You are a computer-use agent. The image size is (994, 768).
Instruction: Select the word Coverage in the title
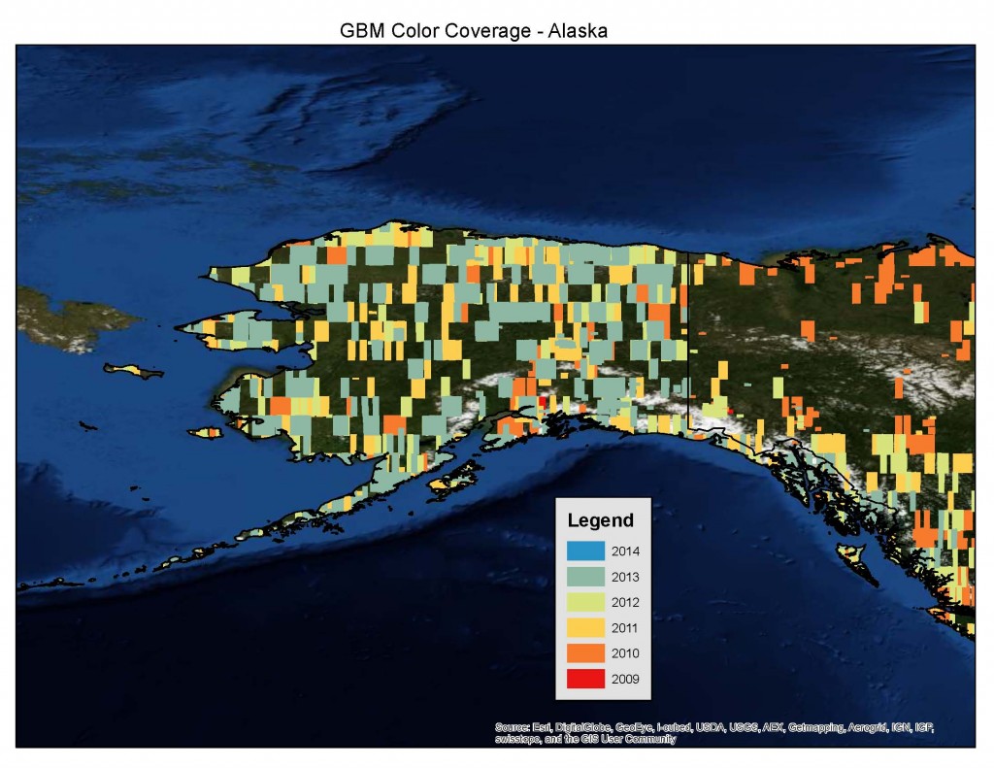(x=488, y=30)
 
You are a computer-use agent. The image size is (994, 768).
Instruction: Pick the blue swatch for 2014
(x=585, y=551)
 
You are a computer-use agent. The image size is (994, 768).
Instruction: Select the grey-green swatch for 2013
(x=585, y=577)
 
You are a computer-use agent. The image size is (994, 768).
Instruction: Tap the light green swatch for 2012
(x=585, y=602)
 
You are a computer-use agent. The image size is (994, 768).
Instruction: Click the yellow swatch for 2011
(x=585, y=627)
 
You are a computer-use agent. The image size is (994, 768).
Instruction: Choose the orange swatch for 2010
(x=585, y=652)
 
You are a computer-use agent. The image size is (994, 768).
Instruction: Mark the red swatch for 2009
(x=585, y=678)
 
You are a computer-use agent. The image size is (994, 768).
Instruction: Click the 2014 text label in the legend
(x=625, y=551)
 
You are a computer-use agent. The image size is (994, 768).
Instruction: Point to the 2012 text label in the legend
(x=625, y=602)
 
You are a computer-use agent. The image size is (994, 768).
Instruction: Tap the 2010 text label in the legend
(x=625, y=652)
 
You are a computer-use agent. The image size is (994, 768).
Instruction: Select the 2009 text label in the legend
(x=625, y=678)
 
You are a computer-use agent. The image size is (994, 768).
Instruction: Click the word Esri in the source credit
(x=539, y=727)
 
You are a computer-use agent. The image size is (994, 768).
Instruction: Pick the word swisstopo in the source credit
(x=516, y=739)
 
